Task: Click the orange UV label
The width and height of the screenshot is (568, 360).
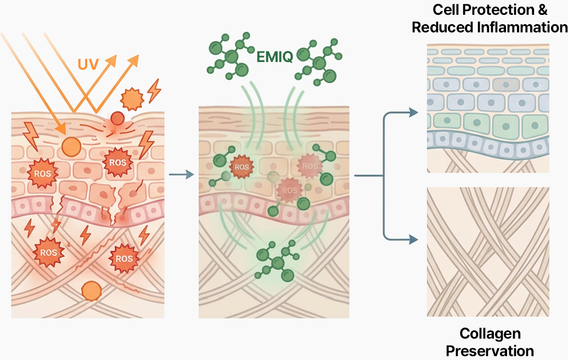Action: (88, 64)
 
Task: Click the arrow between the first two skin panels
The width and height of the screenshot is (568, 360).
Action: (182, 175)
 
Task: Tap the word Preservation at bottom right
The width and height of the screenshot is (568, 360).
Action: (490, 351)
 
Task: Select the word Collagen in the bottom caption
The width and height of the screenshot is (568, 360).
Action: (490, 333)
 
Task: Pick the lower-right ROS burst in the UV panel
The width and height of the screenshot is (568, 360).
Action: (124, 258)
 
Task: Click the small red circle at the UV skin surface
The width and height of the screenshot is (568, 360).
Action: (117, 118)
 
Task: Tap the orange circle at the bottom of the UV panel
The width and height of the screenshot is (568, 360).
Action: (91, 290)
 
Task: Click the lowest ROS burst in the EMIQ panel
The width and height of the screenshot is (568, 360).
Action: (289, 190)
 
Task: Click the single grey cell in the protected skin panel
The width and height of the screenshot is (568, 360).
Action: (504, 84)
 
